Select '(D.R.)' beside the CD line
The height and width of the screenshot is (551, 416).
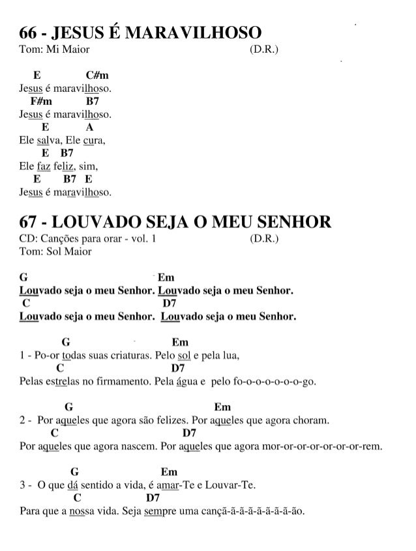pyautogui.click(x=264, y=239)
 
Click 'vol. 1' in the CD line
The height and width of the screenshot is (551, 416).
pyautogui.click(x=143, y=239)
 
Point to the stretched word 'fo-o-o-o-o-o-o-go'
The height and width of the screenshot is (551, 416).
pyautogui.click(x=274, y=382)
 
